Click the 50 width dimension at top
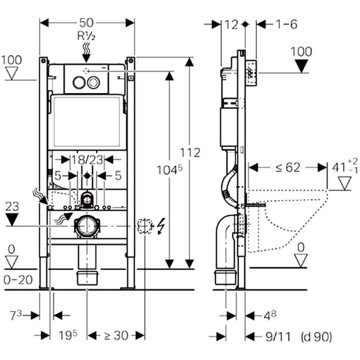click(87, 23)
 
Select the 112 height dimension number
click(191, 153)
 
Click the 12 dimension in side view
click(231, 24)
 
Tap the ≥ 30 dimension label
click(116, 336)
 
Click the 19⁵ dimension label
click(68, 336)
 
